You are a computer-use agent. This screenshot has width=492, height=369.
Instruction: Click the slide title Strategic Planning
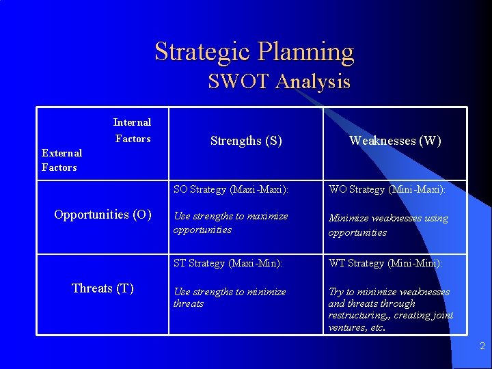pyautogui.click(x=254, y=52)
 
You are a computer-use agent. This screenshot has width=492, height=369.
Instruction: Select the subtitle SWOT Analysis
pyautogui.click(x=279, y=82)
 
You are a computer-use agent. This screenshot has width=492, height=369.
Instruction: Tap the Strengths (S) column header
pyautogui.click(x=246, y=141)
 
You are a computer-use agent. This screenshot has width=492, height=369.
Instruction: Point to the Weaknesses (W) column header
pyautogui.click(x=395, y=141)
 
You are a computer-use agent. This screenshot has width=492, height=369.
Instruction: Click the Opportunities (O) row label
pyautogui.click(x=102, y=215)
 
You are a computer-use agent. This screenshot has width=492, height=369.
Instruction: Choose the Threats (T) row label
pyautogui.click(x=102, y=288)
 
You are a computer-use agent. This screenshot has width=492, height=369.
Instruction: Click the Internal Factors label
pyautogui.click(x=132, y=131)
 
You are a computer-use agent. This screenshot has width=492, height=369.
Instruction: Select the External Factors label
pyautogui.click(x=61, y=160)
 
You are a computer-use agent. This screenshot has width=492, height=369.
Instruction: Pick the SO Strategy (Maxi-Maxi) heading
pyautogui.click(x=231, y=189)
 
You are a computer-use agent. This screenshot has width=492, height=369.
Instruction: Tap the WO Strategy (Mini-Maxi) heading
pyautogui.click(x=387, y=189)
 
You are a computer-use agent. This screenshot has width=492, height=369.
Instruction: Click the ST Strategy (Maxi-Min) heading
pyautogui.click(x=228, y=263)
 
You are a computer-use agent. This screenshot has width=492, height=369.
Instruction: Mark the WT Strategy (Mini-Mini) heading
pyautogui.click(x=385, y=263)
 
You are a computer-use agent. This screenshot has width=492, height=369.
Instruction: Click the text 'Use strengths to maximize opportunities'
pyautogui.click(x=230, y=223)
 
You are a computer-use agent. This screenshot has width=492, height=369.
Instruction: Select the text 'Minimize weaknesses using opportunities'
pyautogui.click(x=388, y=225)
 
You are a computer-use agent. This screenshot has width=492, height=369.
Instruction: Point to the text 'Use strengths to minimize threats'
pyautogui.click(x=229, y=297)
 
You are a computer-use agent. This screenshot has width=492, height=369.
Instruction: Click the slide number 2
pyautogui.click(x=482, y=346)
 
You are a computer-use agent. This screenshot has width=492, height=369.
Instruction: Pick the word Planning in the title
pyautogui.click(x=306, y=52)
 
